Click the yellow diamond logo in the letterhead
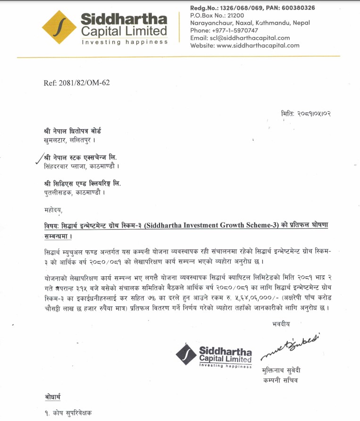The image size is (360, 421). coord(59,27)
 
